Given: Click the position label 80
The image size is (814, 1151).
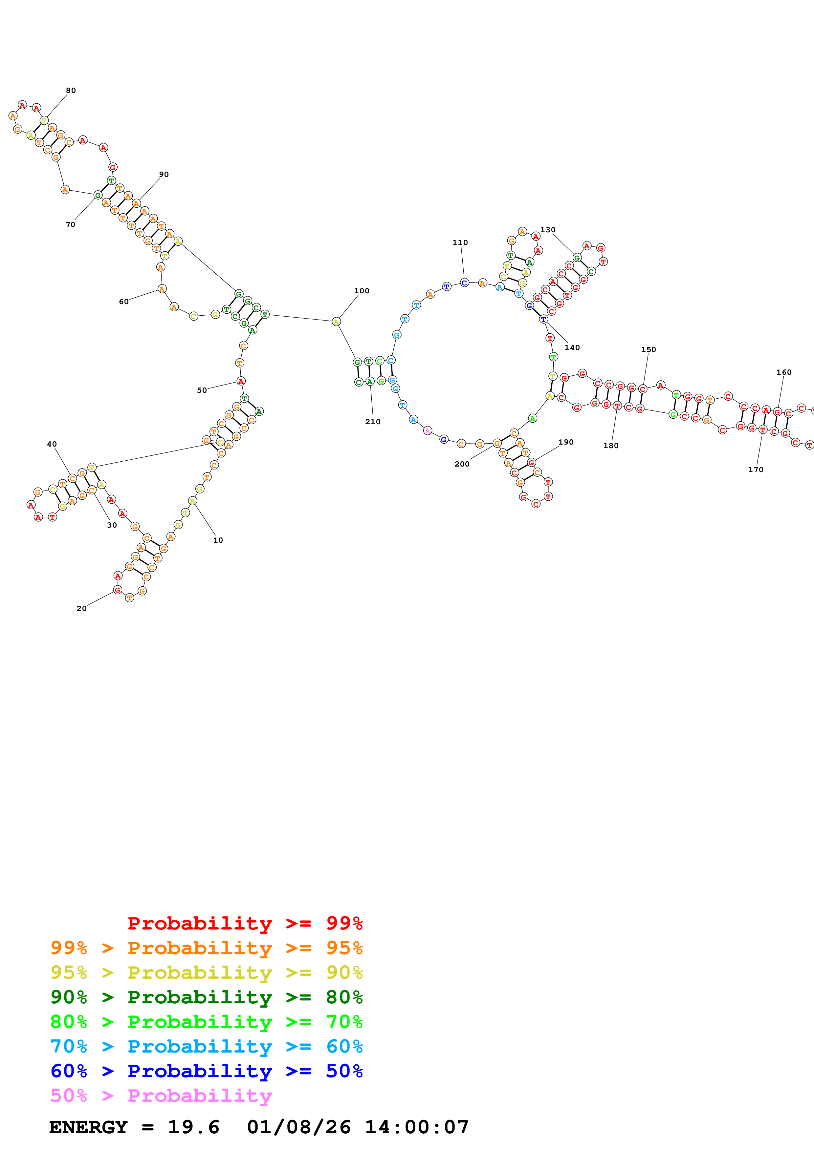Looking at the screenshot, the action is pos(71,90).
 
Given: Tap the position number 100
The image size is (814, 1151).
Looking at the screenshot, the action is pos(362,291).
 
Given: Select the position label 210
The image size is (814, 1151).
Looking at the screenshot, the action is pos(373,422).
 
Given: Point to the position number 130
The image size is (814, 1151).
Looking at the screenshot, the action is pos(548,230).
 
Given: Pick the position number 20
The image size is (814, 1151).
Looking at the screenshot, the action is pos(81,608).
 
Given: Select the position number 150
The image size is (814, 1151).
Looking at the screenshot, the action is pos(648,349).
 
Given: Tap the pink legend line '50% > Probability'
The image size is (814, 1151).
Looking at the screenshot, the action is pos(161,1095).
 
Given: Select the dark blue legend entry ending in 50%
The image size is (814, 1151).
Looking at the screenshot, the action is pos(207,1071).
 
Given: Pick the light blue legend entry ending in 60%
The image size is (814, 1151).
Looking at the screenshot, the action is pos(207,1046).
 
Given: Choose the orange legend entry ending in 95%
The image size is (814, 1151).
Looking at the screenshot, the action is pos(207,948).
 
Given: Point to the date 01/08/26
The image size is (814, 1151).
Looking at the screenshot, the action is pos(298,1127).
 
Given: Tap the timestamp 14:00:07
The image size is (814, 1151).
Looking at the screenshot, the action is pos(416,1127).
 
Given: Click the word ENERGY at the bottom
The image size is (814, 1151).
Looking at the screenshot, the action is pos(88,1127).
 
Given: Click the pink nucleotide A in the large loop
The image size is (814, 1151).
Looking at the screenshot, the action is pos(427,430).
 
